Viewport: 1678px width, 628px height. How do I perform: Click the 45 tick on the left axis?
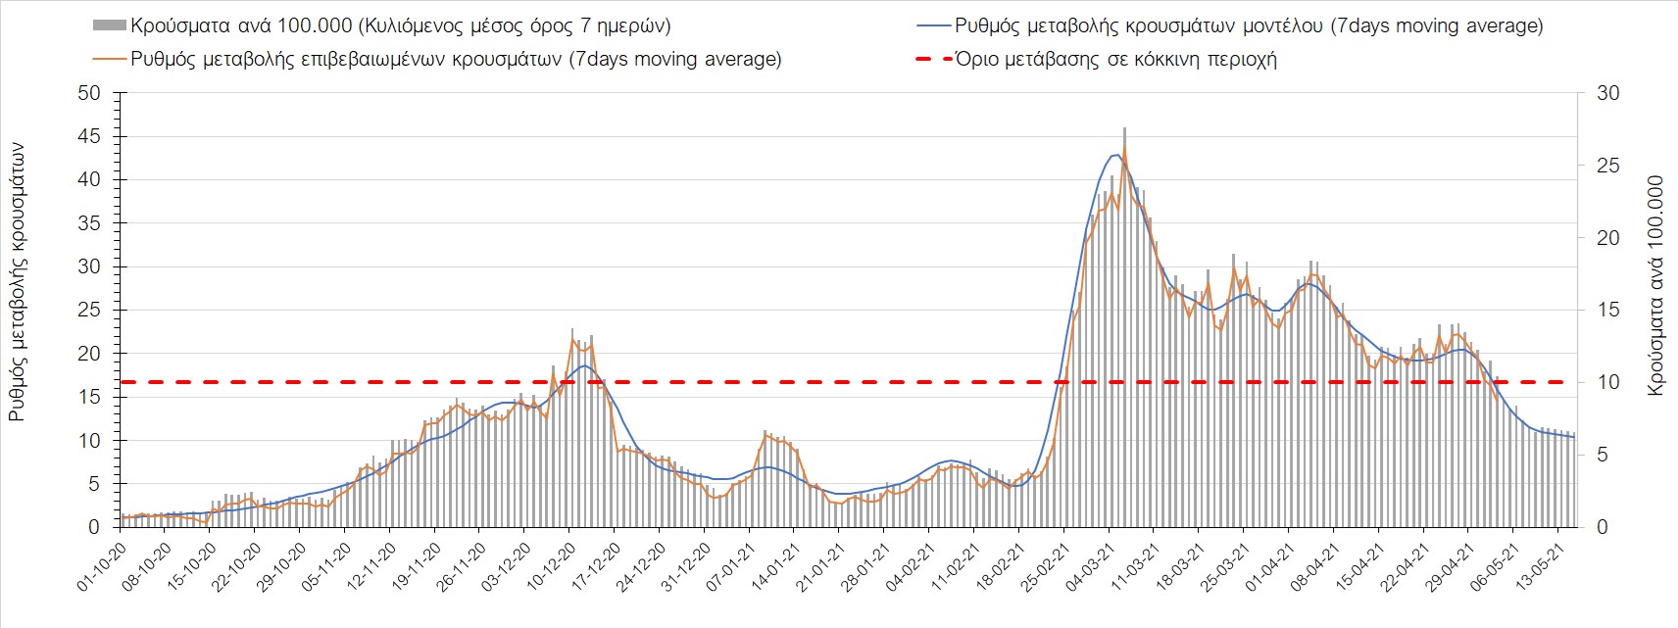(x=89, y=136)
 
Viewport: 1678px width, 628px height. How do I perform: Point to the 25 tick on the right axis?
(x=1607, y=166)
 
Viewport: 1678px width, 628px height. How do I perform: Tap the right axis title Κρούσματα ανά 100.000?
(x=1655, y=285)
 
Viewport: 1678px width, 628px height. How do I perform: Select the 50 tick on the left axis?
(x=89, y=93)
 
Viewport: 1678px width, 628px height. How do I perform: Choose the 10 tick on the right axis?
(x=1607, y=382)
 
